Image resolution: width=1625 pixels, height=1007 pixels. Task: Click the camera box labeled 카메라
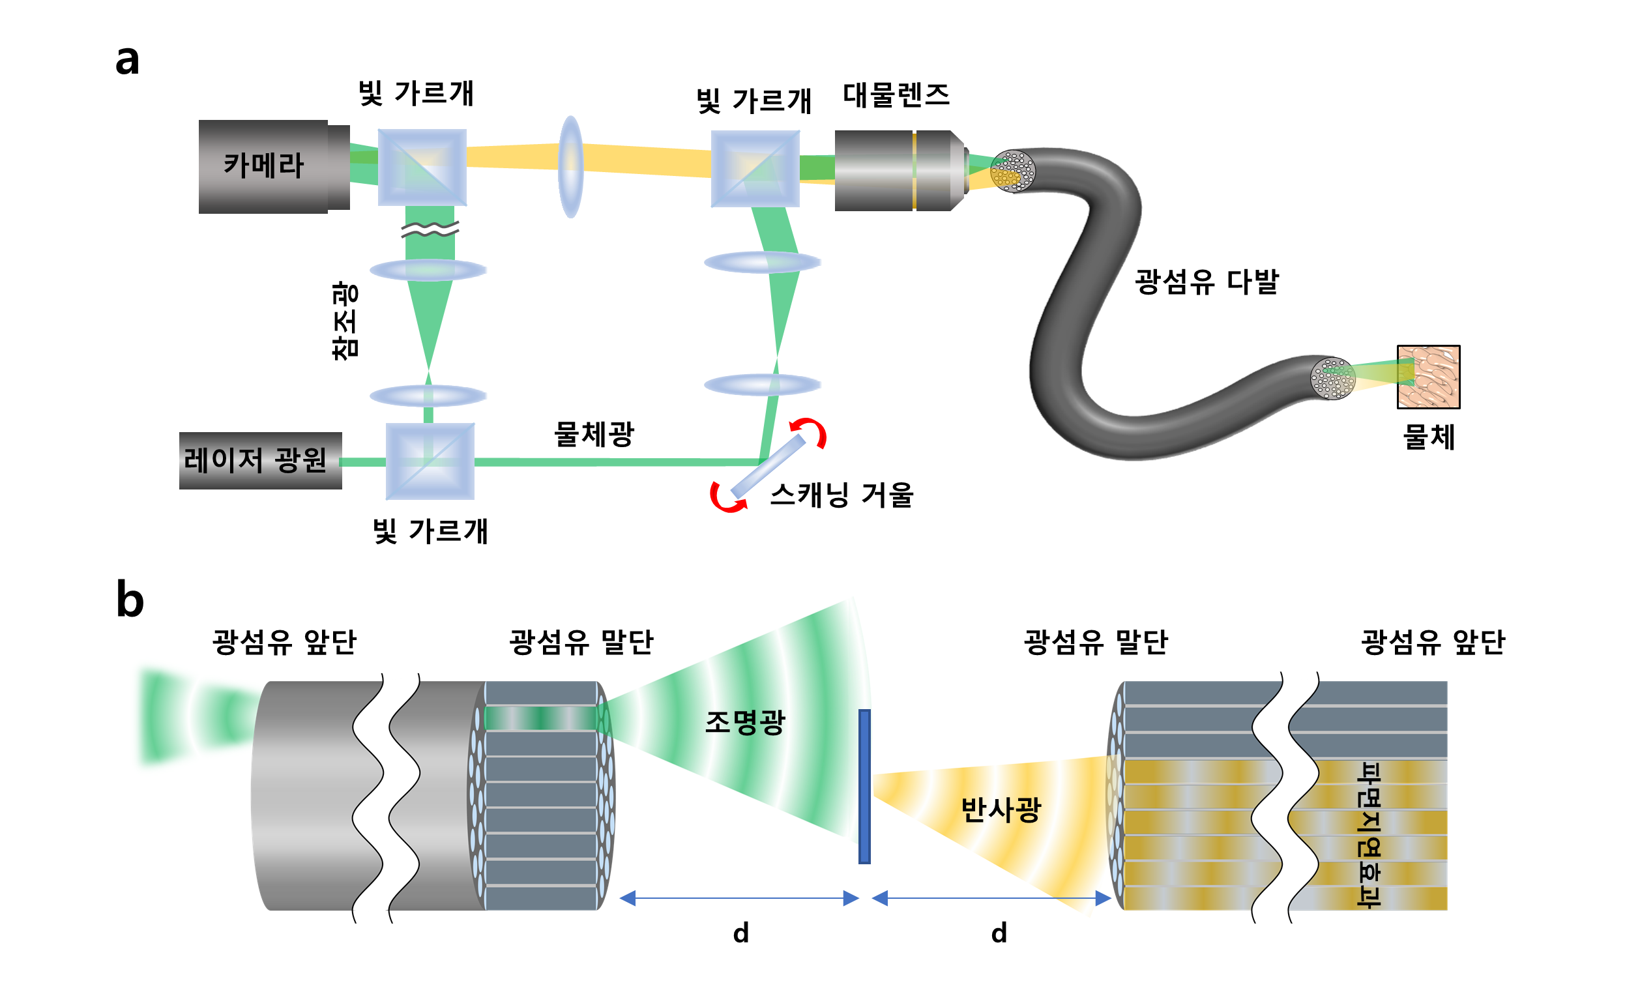click(263, 166)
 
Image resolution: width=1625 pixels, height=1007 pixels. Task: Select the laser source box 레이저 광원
click(259, 460)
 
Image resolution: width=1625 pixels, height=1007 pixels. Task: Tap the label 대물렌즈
click(896, 95)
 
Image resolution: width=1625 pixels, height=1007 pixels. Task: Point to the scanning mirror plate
click(768, 465)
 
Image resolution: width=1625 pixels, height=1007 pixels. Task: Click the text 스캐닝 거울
click(842, 495)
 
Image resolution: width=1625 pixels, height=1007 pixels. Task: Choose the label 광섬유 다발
click(1206, 282)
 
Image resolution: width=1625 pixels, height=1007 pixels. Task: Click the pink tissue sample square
click(1428, 376)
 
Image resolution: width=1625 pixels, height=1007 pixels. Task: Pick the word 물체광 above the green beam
click(594, 434)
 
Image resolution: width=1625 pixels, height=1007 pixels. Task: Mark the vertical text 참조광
click(345, 321)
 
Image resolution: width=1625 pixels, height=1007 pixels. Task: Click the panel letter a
click(127, 60)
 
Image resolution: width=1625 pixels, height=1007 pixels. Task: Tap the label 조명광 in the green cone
click(744, 722)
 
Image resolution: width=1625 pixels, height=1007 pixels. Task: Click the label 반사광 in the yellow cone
click(1001, 810)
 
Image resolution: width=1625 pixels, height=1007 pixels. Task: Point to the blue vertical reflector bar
click(864, 787)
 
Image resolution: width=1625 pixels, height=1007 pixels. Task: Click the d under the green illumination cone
click(740, 933)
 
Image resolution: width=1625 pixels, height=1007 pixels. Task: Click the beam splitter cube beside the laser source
click(430, 461)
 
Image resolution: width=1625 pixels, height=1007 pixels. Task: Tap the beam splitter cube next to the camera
click(422, 167)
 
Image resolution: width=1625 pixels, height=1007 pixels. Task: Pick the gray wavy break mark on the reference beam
click(430, 230)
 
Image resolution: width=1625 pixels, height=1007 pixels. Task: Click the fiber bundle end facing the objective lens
click(1012, 171)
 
